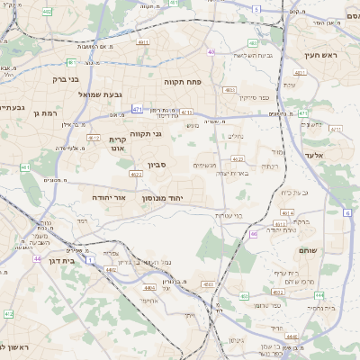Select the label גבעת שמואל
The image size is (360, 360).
point(80,94)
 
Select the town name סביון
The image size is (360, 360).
point(157,166)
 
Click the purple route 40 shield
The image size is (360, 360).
point(211,52)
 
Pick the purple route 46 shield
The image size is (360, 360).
point(255,234)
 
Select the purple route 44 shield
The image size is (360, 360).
point(37,258)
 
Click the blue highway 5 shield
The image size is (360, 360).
point(256,9)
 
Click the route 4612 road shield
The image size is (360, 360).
point(94,138)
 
